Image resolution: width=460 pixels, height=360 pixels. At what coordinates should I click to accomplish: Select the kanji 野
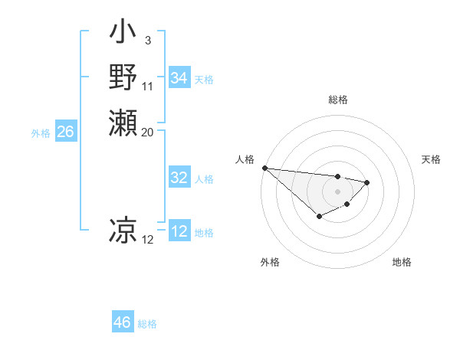tap(123, 78)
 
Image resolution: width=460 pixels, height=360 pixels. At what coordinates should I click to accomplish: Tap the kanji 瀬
tap(123, 123)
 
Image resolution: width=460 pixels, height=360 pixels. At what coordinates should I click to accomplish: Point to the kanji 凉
tap(123, 230)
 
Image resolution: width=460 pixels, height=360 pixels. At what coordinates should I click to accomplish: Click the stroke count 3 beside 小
tap(147, 40)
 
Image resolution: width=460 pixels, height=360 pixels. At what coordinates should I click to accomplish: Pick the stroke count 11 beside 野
tap(148, 86)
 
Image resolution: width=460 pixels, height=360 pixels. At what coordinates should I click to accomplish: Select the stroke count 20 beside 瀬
tap(148, 132)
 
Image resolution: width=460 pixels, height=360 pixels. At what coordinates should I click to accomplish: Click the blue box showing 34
tap(179, 78)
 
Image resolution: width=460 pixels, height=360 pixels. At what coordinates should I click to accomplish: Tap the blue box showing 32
tap(179, 178)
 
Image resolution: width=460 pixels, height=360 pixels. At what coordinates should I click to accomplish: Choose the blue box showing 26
tap(65, 132)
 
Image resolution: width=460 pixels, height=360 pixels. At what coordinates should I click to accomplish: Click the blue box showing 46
tap(123, 322)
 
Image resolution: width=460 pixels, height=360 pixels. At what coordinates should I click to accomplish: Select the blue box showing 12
tap(179, 231)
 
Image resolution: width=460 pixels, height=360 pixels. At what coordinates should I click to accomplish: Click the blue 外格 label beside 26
tap(41, 133)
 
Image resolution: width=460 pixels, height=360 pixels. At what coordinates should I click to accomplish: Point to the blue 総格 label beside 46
tap(147, 324)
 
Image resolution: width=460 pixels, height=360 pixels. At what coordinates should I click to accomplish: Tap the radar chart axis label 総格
tap(338, 100)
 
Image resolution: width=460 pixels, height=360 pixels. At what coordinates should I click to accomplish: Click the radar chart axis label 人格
tap(245, 159)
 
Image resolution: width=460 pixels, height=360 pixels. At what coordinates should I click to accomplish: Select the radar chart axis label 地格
tap(402, 262)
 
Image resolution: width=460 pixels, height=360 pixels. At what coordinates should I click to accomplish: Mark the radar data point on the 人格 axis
tap(264, 168)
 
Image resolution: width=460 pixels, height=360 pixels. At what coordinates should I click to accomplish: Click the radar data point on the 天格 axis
tap(367, 182)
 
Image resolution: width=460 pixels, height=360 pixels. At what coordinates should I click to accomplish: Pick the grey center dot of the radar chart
tap(338, 191)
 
